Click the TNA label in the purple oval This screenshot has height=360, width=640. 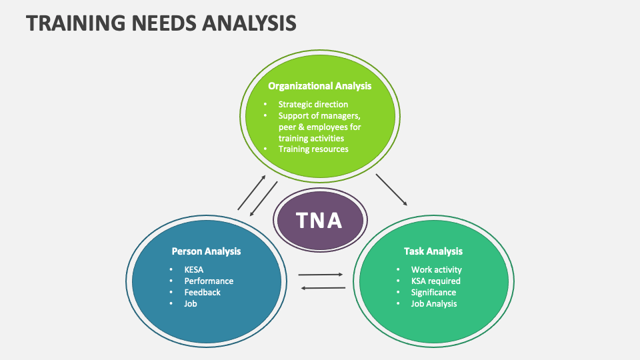319,219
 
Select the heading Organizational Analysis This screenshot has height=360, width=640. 319,86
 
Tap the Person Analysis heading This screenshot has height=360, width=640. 206,251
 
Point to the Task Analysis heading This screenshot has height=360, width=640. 433,251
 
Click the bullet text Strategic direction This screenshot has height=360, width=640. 313,104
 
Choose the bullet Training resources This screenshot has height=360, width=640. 313,149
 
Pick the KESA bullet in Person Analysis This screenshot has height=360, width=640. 194,269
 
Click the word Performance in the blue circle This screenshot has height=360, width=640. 209,281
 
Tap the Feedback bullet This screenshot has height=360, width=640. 202,292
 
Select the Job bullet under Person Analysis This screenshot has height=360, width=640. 191,303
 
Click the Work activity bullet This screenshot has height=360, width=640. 436,269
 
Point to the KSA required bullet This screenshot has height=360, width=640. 435,281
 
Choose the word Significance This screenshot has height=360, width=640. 433,292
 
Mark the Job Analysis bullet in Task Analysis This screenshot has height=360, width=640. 434,303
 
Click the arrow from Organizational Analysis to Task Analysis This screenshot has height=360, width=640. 391,189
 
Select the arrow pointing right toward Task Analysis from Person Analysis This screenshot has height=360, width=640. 321,274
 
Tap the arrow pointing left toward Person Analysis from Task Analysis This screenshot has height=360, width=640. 323,288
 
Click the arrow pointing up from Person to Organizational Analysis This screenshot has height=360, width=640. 252,193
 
